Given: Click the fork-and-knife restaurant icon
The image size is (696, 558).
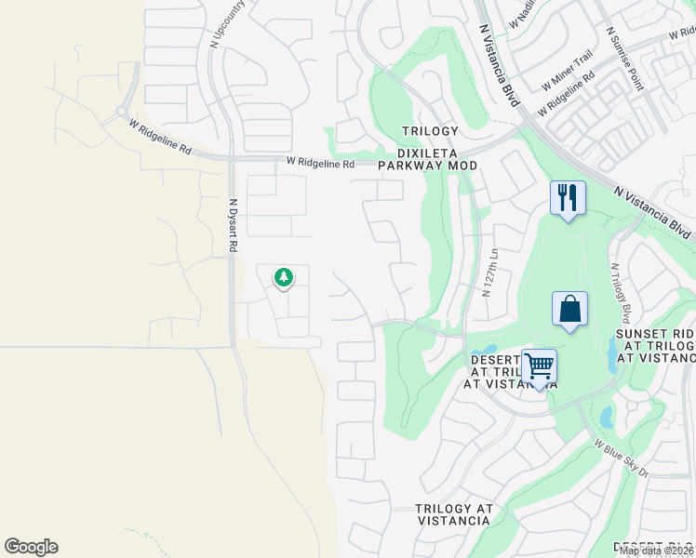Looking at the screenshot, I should tap(568, 198).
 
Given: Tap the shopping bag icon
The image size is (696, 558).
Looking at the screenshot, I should tap(569, 310).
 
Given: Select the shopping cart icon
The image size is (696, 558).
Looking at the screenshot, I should tap(539, 366).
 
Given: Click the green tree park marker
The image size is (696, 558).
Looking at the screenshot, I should tap(284, 277).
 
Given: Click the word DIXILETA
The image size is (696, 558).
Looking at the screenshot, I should tap(427, 148).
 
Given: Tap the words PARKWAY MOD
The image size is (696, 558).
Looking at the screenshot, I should tap(427, 166).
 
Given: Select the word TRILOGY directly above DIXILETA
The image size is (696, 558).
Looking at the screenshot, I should tap(430, 131).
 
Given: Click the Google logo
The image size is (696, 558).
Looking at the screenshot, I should tap(31, 547).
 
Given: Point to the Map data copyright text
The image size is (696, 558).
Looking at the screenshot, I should tap(656, 551).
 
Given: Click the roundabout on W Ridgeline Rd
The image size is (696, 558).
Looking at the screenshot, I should tap(122, 113).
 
